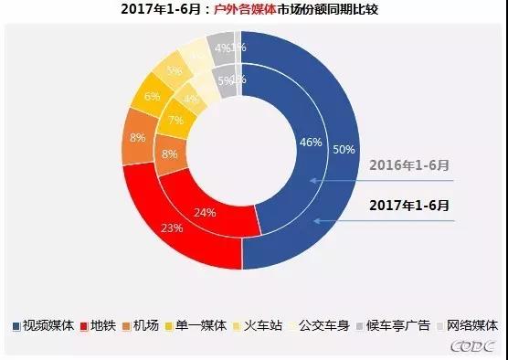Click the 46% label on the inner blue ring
click(310, 142)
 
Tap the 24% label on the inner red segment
click(205, 213)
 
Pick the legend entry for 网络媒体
click(464, 325)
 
